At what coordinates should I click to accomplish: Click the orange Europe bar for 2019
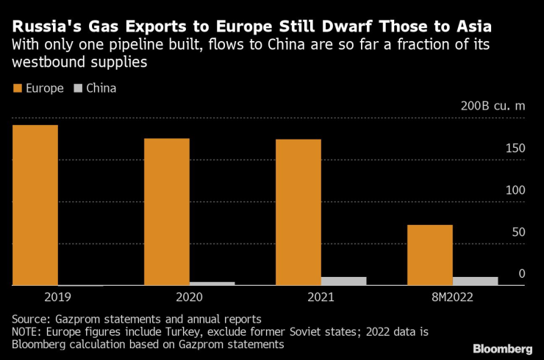click(x=35, y=205)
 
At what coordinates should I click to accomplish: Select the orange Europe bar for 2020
click(x=167, y=212)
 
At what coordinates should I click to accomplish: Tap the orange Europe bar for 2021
click(x=298, y=212)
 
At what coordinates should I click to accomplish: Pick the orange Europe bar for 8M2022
click(x=430, y=255)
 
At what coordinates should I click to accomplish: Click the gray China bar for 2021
click(x=343, y=281)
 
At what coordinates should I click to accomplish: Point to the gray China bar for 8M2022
click(x=475, y=281)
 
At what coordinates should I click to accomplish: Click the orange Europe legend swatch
click(x=17, y=89)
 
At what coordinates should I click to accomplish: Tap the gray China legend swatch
click(x=78, y=89)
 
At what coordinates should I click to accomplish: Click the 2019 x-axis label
click(x=58, y=298)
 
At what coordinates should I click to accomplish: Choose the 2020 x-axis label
click(x=189, y=298)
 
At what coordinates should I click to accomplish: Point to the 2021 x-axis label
click(x=321, y=298)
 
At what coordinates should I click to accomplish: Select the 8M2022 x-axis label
click(x=452, y=298)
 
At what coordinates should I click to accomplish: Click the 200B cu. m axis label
click(x=493, y=106)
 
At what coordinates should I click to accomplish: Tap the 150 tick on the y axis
click(x=515, y=149)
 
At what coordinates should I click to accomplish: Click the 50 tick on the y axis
click(x=518, y=233)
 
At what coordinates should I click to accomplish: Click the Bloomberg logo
click(x=503, y=348)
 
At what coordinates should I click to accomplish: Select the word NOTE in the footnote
click(x=26, y=332)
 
